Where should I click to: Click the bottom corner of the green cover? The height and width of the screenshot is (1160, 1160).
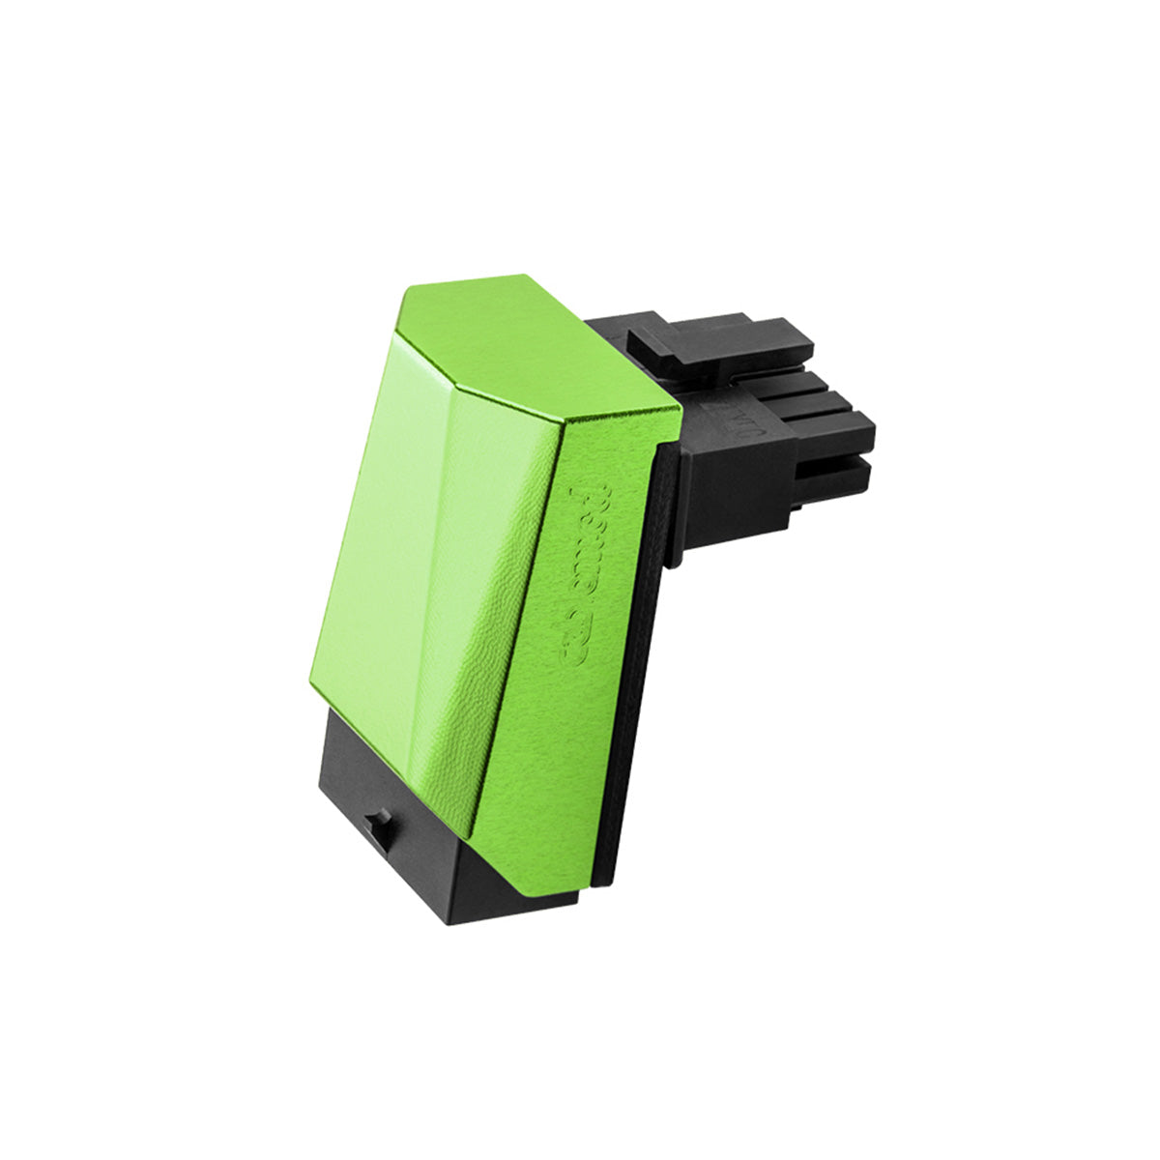[x=472, y=836]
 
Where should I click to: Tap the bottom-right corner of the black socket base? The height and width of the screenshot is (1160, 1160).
[x=577, y=904]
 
